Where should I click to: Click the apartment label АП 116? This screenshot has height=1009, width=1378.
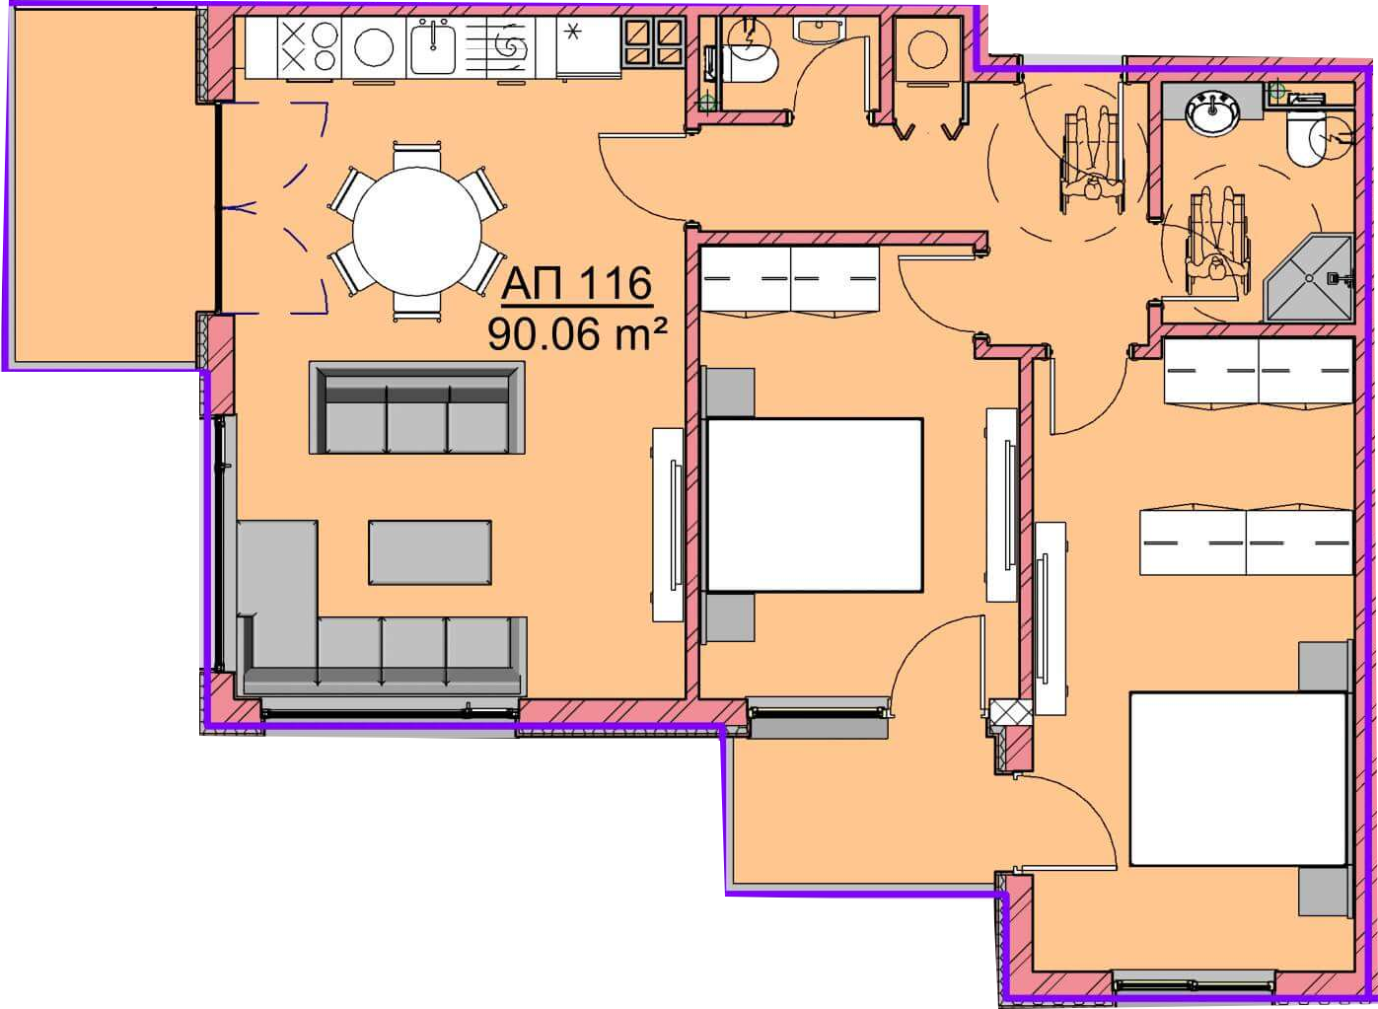[x=577, y=284]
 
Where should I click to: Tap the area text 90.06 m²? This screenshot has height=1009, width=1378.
[x=577, y=334]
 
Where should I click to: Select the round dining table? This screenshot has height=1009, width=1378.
[x=417, y=232]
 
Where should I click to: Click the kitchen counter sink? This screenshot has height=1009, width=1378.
[x=433, y=46]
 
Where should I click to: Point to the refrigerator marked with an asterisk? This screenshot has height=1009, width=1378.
[x=588, y=46]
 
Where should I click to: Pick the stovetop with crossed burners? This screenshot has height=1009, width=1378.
[x=310, y=46]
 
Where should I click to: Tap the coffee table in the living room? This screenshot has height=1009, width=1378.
[x=430, y=552]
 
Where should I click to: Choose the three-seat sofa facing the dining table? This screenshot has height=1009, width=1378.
[x=417, y=408]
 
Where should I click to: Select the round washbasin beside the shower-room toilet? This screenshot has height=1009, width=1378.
[x=1212, y=113]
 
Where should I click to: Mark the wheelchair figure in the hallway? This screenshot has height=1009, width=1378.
[x=1092, y=160]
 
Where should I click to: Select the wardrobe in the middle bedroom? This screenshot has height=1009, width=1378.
[x=790, y=280]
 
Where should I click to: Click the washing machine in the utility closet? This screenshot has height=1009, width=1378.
[x=927, y=49]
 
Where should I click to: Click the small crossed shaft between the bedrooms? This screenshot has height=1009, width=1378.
[x=1012, y=710]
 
